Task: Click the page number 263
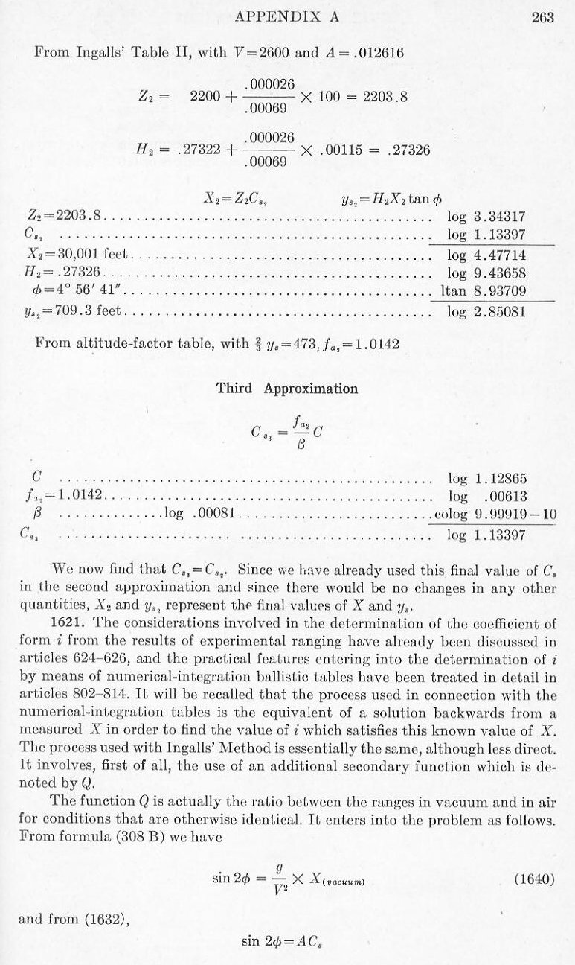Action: [x=543, y=19]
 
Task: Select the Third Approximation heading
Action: [x=286, y=389]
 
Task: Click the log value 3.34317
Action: [x=500, y=217]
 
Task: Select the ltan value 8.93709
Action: [x=500, y=292]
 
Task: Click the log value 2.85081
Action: [x=500, y=311]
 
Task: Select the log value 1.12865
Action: [x=500, y=477]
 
